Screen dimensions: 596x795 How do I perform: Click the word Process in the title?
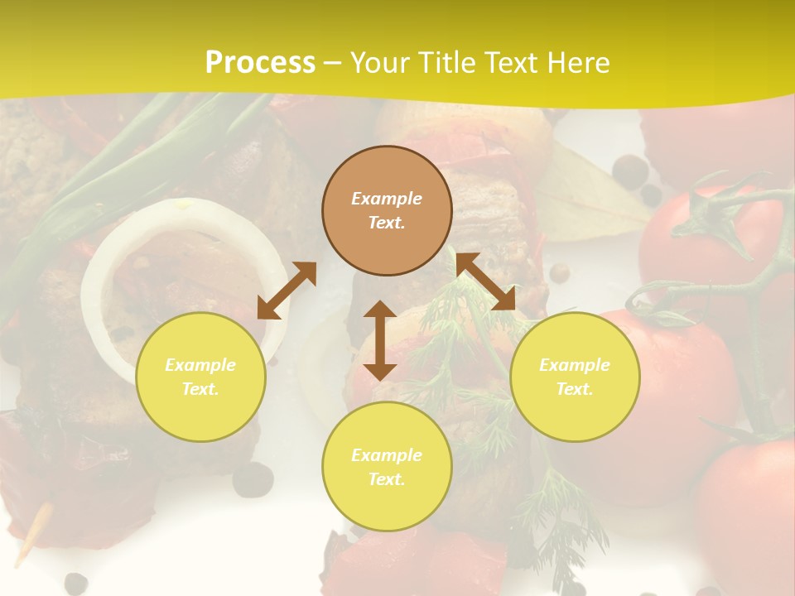(260, 63)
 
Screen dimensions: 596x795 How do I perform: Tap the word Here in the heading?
(579, 63)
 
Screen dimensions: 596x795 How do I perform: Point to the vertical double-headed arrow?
(380, 340)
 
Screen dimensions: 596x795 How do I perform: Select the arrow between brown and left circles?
(287, 291)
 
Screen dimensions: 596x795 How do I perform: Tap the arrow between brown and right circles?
(486, 281)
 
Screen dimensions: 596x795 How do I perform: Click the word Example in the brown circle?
(387, 199)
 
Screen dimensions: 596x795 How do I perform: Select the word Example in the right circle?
(575, 365)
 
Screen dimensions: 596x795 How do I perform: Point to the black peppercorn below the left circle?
(253, 478)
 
